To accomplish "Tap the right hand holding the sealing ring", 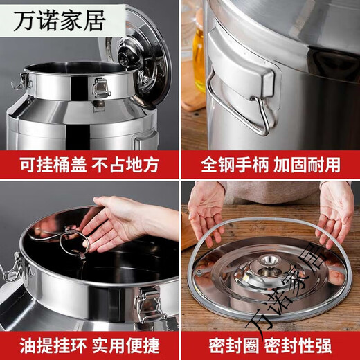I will (335, 211).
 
